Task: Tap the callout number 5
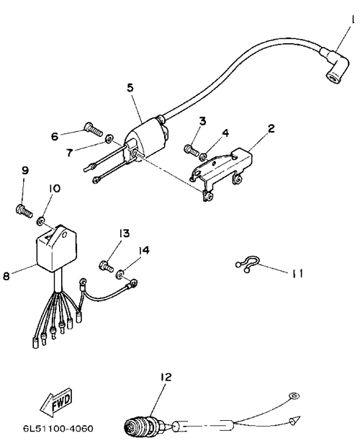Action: (x=130, y=88)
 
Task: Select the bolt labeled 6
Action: (x=93, y=130)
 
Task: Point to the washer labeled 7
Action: (x=109, y=139)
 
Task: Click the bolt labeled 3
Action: (x=192, y=150)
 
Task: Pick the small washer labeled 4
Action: (x=204, y=156)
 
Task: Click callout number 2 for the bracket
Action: (x=271, y=128)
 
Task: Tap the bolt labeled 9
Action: (x=24, y=211)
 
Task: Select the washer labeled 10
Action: (x=40, y=220)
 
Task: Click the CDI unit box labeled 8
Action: (x=57, y=247)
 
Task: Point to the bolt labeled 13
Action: (x=107, y=267)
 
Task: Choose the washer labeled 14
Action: (x=120, y=274)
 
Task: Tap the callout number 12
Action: (x=166, y=377)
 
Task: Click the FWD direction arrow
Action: (x=56, y=401)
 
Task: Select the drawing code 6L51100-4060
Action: (x=58, y=428)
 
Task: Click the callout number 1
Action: (x=353, y=19)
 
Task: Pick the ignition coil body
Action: (x=146, y=136)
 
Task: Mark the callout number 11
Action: (x=297, y=273)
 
